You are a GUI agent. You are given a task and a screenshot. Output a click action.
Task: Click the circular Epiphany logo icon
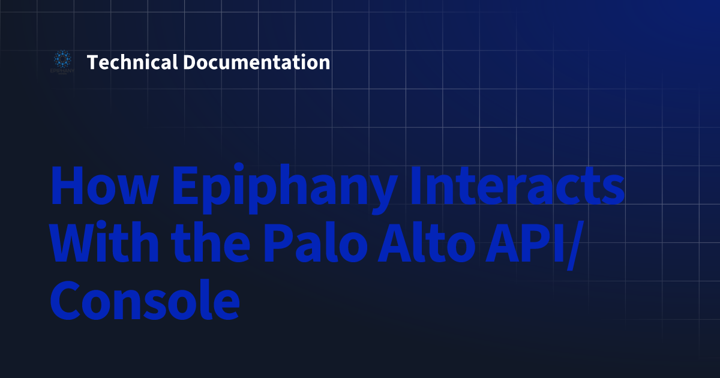[61, 59]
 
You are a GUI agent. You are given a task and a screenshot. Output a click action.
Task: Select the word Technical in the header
[132, 62]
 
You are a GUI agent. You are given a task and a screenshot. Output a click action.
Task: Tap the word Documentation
[256, 62]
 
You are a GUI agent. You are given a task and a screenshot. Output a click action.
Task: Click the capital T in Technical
[92, 62]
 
